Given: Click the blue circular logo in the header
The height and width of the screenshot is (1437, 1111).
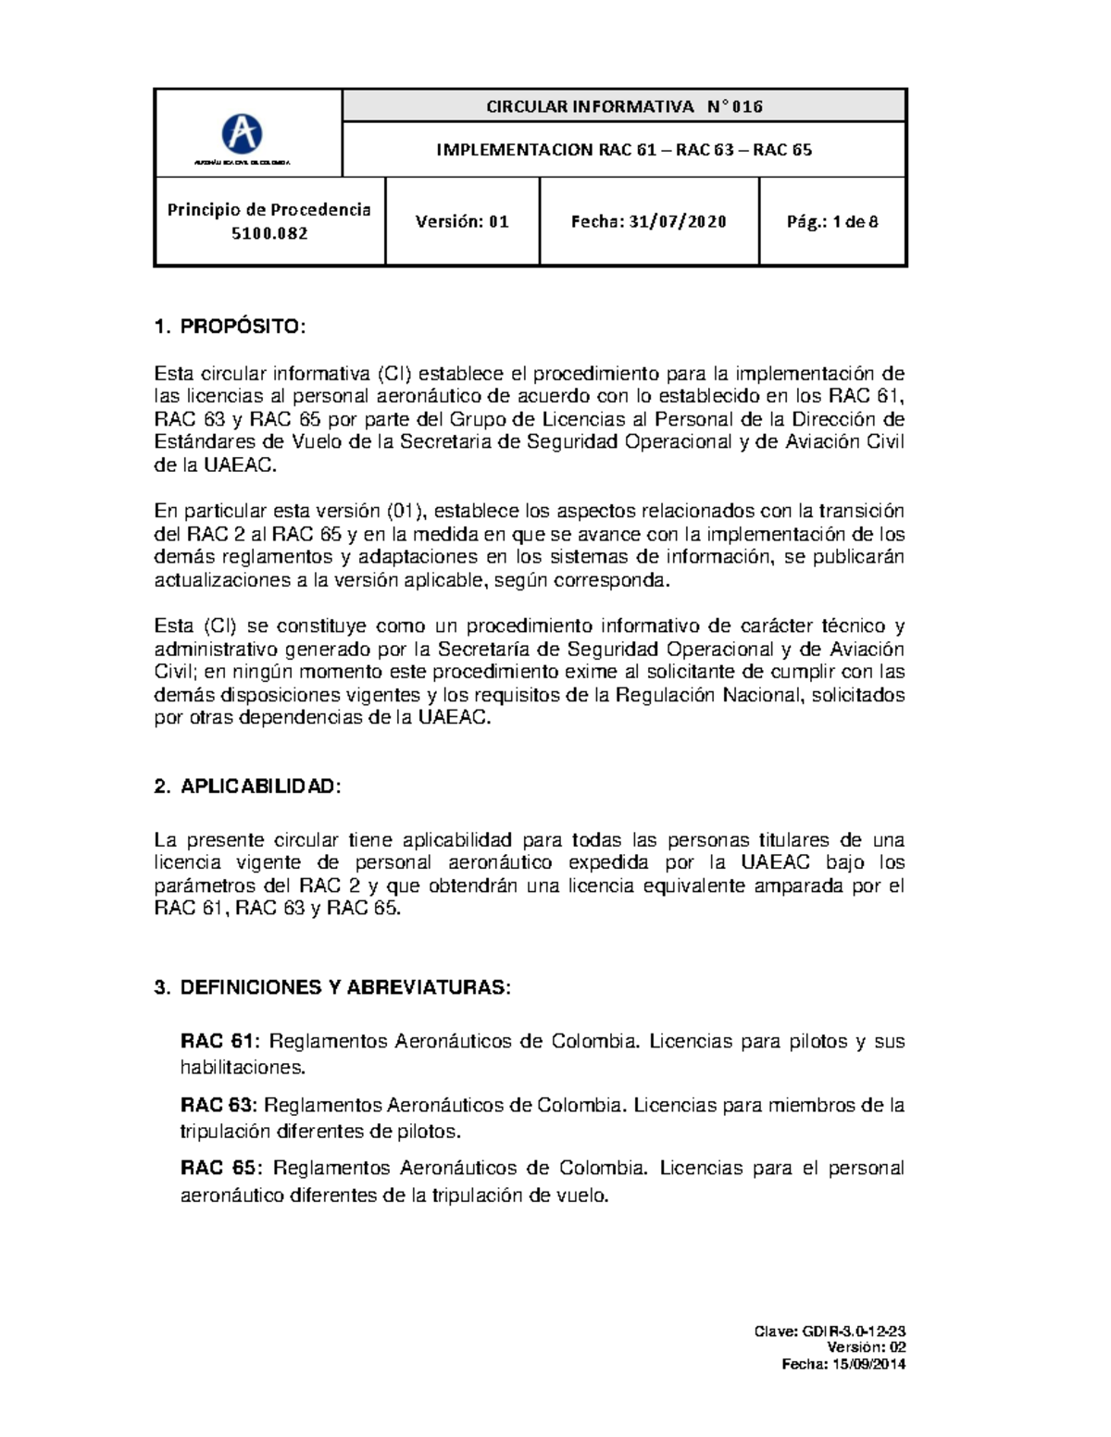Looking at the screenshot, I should click(x=242, y=134).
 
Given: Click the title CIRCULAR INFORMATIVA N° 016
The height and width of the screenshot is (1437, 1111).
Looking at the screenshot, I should click(x=624, y=106).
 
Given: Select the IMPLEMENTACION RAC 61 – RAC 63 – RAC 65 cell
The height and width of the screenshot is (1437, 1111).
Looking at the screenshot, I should click(x=624, y=150).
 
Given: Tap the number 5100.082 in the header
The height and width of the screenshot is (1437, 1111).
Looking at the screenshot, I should click(x=269, y=233).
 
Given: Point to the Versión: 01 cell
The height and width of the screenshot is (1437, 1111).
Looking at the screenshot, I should click(x=462, y=222).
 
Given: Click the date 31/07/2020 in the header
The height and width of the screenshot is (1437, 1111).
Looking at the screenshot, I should click(x=678, y=222).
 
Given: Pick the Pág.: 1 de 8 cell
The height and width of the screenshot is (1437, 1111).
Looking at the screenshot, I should click(x=831, y=222).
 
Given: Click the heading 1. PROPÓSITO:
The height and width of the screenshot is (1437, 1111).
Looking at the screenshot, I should click(x=229, y=327).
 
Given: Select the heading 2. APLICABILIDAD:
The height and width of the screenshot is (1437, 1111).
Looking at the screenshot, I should click(x=247, y=787).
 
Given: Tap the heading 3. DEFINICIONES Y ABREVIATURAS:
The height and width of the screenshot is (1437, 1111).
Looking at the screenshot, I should click(x=332, y=987).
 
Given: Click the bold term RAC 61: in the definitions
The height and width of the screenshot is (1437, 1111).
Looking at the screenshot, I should click(x=220, y=1042).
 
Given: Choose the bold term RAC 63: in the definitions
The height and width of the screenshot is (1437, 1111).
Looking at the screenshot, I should click(x=218, y=1105).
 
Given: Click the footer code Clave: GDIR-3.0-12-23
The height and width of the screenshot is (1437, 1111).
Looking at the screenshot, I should click(x=830, y=1332).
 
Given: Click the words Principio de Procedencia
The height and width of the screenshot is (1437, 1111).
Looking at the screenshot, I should click(x=269, y=210).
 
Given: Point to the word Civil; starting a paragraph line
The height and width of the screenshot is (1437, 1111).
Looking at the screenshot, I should click(x=176, y=672).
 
